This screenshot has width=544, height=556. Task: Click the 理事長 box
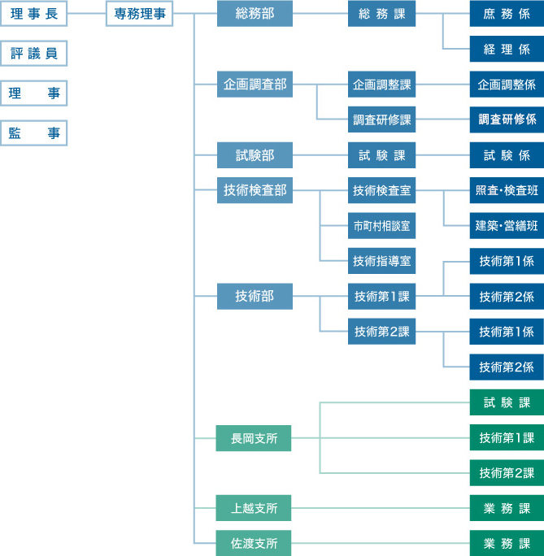(33, 14)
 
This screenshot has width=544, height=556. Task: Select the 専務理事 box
(139, 14)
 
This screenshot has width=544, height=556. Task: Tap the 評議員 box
(33, 54)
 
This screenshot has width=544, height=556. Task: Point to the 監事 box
(33, 133)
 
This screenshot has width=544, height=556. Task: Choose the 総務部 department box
(255, 14)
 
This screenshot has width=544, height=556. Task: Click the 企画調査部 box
(255, 84)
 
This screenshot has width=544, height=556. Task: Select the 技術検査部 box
(255, 190)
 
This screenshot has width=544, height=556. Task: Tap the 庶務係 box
(507, 14)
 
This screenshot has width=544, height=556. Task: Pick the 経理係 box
(507, 49)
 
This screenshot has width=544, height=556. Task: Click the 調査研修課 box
(381, 119)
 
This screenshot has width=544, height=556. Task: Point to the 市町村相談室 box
(381, 225)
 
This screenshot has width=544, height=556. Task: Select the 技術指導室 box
(381, 261)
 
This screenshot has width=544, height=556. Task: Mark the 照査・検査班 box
(507, 190)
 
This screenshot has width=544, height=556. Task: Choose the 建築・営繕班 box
(507, 225)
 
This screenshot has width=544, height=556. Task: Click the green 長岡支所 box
(254, 438)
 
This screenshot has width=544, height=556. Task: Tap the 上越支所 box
(254, 508)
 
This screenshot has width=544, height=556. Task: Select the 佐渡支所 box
(254, 543)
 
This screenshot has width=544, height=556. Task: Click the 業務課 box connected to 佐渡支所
(507, 543)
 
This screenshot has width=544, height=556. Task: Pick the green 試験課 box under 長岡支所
(507, 402)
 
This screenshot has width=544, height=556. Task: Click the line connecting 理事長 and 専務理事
(86, 14)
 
